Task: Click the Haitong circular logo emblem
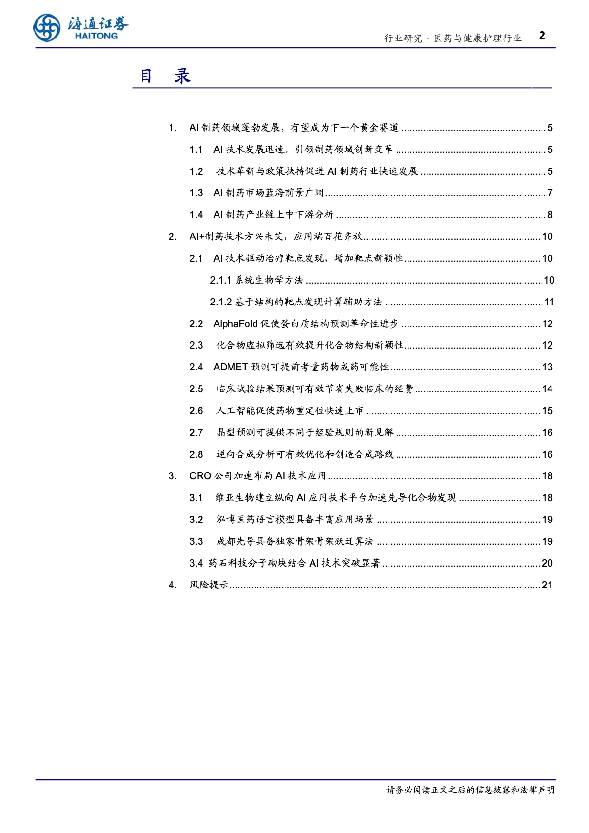[x=47, y=28]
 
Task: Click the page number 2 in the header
[x=542, y=36]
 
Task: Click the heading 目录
[x=165, y=76]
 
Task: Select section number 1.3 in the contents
[x=196, y=193]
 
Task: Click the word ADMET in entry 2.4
[x=230, y=367]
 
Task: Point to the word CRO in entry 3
[x=200, y=476]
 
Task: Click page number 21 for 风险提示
[x=547, y=585]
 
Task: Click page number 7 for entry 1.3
[x=550, y=193]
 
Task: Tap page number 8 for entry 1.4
[x=550, y=215]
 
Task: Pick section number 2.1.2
[x=221, y=302]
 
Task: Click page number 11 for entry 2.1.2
[x=549, y=302]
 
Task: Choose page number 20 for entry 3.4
[x=547, y=563]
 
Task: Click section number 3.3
[x=196, y=541]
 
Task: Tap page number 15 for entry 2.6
[x=547, y=411]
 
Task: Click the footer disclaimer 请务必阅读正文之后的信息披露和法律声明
[x=470, y=790]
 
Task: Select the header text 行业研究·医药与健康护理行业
[x=453, y=38]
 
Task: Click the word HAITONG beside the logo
[x=96, y=36]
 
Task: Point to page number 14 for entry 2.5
[x=547, y=389]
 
